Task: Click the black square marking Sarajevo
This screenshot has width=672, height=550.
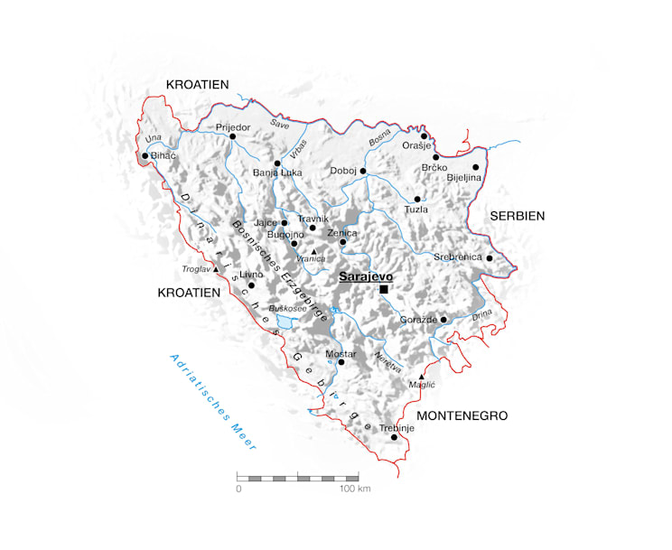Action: coord(384,289)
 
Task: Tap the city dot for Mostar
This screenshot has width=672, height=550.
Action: coord(341,363)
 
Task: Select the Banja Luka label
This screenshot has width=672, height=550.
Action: coord(277,172)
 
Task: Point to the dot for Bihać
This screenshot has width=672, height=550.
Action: coord(145,155)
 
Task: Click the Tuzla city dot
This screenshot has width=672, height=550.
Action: coord(417,199)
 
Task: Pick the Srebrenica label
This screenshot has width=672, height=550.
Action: coord(457,257)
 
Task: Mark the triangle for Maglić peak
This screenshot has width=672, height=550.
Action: coord(421,377)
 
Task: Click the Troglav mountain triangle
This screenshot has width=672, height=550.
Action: coord(216,268)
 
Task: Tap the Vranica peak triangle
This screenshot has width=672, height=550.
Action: coord(313,251)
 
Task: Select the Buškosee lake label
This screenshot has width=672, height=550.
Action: coord(288,308)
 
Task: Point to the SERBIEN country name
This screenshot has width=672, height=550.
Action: coord(517,216)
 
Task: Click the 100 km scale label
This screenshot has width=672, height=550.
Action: coord(356,489)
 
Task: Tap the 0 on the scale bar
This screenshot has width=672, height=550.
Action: coord(238,489)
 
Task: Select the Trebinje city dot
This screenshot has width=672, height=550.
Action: coord(394,437)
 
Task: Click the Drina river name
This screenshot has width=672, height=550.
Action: coord(482,313)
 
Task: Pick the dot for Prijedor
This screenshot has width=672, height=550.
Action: coord(232,137)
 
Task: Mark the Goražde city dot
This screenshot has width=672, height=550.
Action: coord(443,319)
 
